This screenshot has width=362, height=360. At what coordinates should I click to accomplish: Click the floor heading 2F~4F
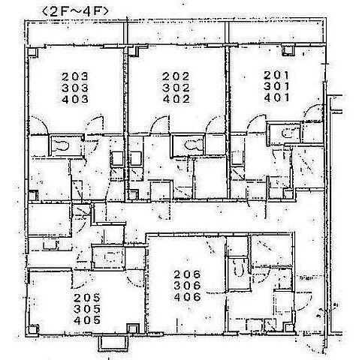(x=76, y=12)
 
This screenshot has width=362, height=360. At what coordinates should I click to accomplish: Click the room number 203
(x=75, y=76)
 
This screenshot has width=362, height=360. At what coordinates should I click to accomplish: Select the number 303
(x=75, y=88)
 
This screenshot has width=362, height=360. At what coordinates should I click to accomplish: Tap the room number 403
(x=75, y=100)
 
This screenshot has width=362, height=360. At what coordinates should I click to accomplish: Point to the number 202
(x=176, y=76)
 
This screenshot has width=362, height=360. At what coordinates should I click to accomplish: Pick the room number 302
(x=176, y=88)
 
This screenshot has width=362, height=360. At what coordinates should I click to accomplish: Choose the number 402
(x=176, y=100)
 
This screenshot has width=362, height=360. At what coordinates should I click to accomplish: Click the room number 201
(x=276, y=75)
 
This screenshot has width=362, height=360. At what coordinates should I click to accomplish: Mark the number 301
(x=276, y=86)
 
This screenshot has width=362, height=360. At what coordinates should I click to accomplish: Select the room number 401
(x=276, y=97)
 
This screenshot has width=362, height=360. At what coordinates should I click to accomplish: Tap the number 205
(x=87, y=298)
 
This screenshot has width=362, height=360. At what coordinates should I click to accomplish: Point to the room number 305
(x=87, y=309)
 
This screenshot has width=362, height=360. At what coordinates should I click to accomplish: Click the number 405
(x=87, y=320)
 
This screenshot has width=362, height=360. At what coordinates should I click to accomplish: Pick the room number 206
(x=188, y=274)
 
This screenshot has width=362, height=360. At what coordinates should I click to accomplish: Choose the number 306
(x=188, y=286)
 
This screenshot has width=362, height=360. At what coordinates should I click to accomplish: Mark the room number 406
(x=188, y=297)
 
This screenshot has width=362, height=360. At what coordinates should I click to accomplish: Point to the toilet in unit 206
(x=239, y=268)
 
